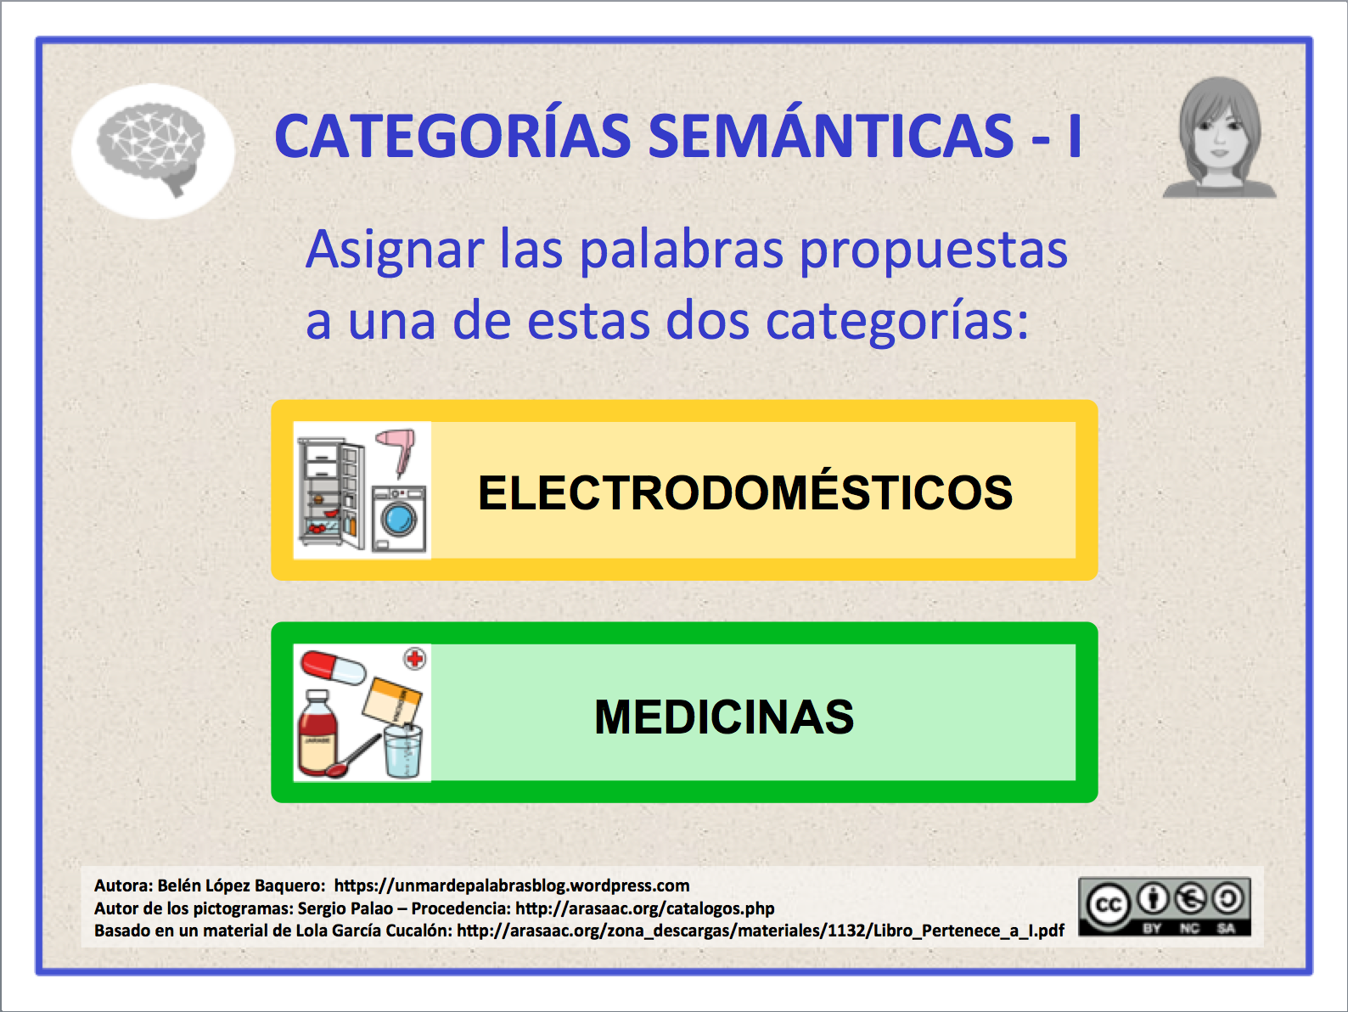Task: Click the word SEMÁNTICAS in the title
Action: tap(831, 137)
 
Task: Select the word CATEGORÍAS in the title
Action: tap(452, 137)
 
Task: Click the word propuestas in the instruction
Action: tap(934, 252)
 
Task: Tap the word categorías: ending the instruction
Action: tap(896, 323)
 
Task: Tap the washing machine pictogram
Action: tap(399, 518)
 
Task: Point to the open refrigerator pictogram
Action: tap(331, 492)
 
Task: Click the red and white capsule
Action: tap(334, 668)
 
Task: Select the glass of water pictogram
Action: tap(403, 751)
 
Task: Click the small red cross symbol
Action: tap(415, 659)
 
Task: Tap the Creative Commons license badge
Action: tap(1165, 907)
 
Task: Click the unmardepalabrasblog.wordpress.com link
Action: tap(512, 885)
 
